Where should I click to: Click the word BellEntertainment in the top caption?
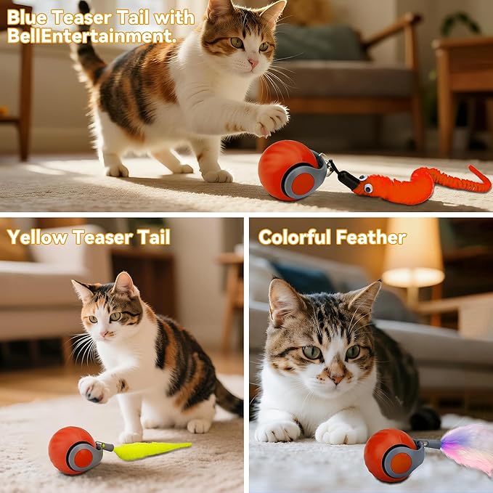click(91, 36)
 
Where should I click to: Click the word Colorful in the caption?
click(296, 237)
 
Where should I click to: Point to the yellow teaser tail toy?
click(152, 450)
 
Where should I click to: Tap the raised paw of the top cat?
click(270, 118)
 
